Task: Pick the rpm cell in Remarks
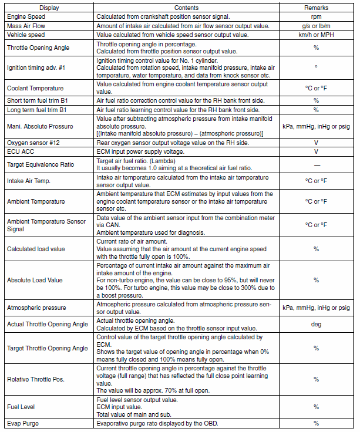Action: tap(316, 17)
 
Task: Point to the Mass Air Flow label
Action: tap(26, 26)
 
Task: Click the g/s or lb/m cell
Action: tap(316, 26)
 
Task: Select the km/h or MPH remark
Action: tap(316, 35)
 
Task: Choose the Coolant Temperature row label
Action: tap(35, 88)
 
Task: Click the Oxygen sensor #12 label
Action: tap(34, 143)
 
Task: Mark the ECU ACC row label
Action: tap(22, 151)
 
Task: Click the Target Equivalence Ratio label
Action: tap(41, 164)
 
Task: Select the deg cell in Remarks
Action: tap(316, 324)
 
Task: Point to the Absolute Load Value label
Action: tap(35, 279)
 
